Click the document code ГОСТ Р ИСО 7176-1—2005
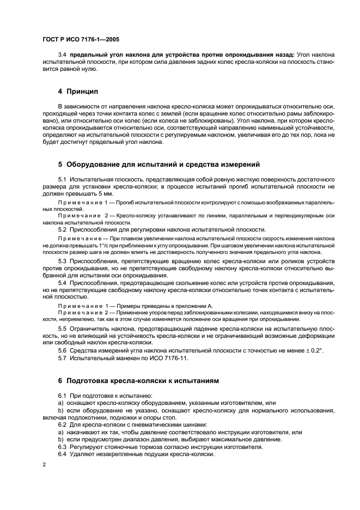point(82,39)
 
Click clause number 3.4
point(62,55)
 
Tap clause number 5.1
point(62,179)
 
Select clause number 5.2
point(62,229)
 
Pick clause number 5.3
point(62,262)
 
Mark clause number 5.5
point(62,329)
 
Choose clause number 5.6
point(62,350)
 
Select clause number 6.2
point(62,424)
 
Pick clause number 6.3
point(62,447)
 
